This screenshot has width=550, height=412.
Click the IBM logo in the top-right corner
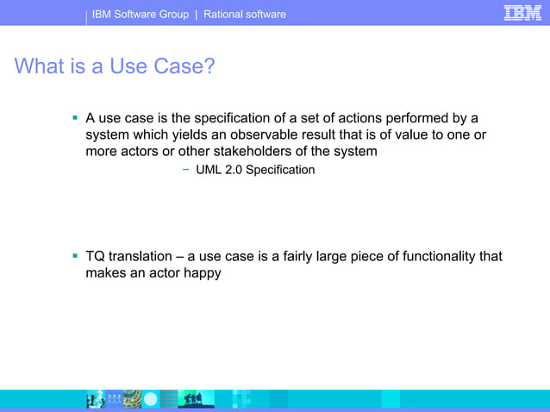(x=522, y=13)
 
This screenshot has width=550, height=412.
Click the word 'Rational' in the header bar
(x=225, y=14)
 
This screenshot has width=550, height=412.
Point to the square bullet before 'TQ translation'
(x=75, y=257)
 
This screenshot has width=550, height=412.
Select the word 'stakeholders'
(x=252, y=151)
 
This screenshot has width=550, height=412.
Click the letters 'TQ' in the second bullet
(x=95, y=257)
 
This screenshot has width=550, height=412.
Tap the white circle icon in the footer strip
(x=151, y=399)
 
